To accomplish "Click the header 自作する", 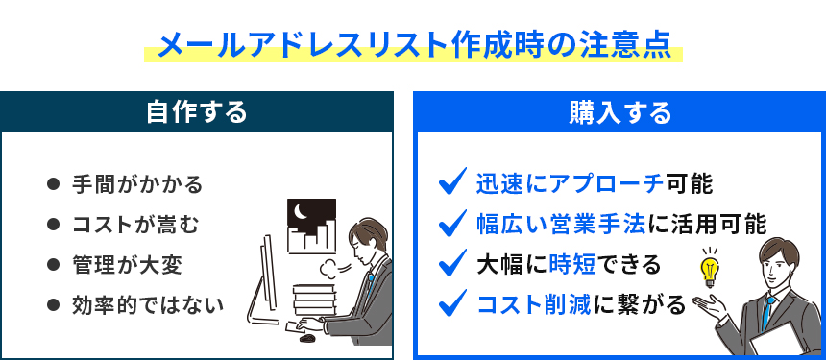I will coord(197,112).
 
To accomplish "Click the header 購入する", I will coord(619,112).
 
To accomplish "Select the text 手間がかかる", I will coord(137,183).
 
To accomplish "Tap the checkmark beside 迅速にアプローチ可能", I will coord(451,181).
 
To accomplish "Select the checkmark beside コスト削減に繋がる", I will coord(451,304).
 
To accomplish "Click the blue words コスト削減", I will coord(533,304).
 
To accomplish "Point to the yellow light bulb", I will coord(711,269).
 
